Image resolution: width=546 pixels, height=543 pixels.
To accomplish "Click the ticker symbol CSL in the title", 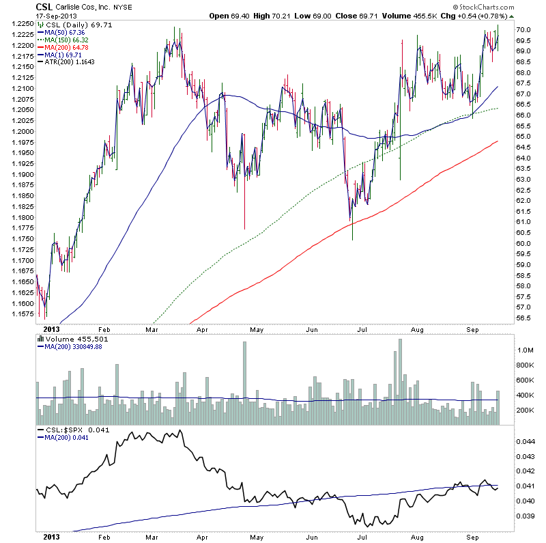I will pyautogui.click(x=46, y=6).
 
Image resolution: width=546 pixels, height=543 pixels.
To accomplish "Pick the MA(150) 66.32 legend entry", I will pyautogui.click(x=68, y=41).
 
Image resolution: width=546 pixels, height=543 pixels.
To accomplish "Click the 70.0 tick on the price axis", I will pyautogui.click(x=525, y=30).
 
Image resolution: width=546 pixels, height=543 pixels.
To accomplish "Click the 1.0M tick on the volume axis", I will pyautogui.click(x=526, y=350).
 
